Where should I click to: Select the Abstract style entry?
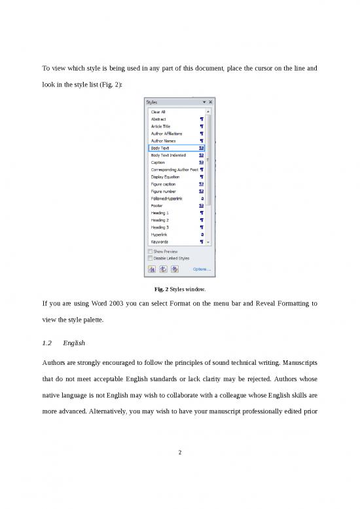click(159, 119)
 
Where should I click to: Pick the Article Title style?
click(162, 126)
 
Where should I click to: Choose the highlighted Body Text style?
click(161, 148)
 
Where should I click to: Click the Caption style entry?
click(158, 162)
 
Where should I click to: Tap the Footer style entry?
click(157, 205)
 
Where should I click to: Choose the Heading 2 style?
click(160, 220)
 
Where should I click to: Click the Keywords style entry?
click(160, 242)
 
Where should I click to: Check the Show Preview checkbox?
click(151, 252)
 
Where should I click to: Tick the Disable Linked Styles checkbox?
click(151, 258)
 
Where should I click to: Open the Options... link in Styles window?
click(201, 269)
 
